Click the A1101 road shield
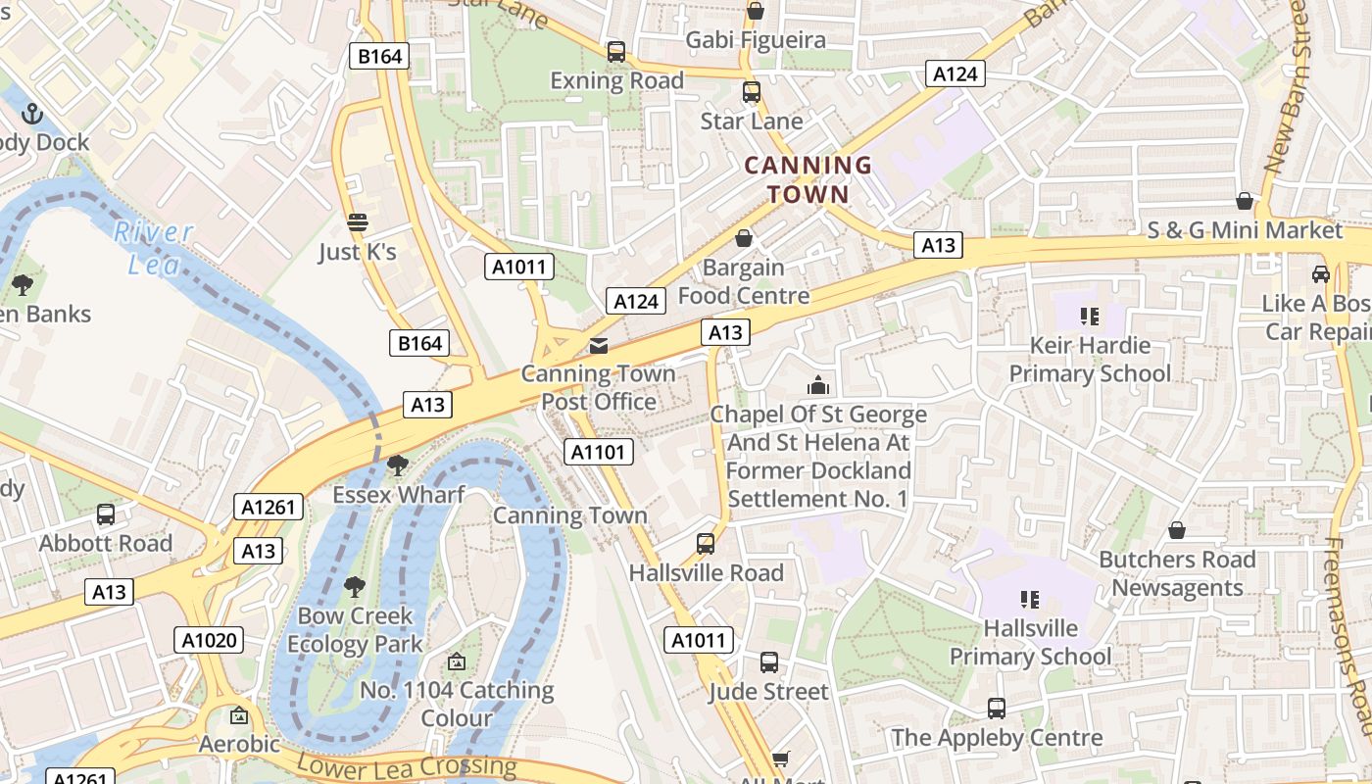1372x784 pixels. pyautogui.click(x=599, y=452)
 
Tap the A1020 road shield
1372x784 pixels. pyautogui.click(x=210, y=641)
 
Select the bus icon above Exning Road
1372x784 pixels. pyautogui.click(x=615, y=52)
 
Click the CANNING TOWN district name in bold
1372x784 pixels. pyautogui.click(x=808, y=179)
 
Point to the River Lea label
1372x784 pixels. pyautogui.click(x=153, y=248)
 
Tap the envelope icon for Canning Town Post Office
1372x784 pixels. pyautogui.click(x=598, y=346)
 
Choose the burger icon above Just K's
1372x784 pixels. pyautogui.click(x=358, y=222)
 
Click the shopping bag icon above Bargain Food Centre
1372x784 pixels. pyautogui.click(x=744, y=238)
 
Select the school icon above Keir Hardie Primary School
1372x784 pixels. pyautogui.click(x=1089, y=317)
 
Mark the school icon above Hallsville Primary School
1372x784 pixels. pyautogui.click(x=1030, y=599)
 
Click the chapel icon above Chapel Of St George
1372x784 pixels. pyautogui.click(x=817, y=385)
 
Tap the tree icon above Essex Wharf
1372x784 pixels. pyautogui.click(x=398, y=465)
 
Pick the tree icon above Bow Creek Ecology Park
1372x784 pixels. pyautogui.click(x=355, y=587)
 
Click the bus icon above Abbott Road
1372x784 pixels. pyautogui.click(x=105, y=514)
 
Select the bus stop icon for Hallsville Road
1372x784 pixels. pyautogui.click(x=705, y=544)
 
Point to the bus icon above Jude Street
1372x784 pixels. pyautogui.click(x=769, y=662)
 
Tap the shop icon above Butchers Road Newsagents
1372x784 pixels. pyautogui.click(x=1176, y=530)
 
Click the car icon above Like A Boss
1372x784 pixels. pyautogui.click(x=1320, y=274)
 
